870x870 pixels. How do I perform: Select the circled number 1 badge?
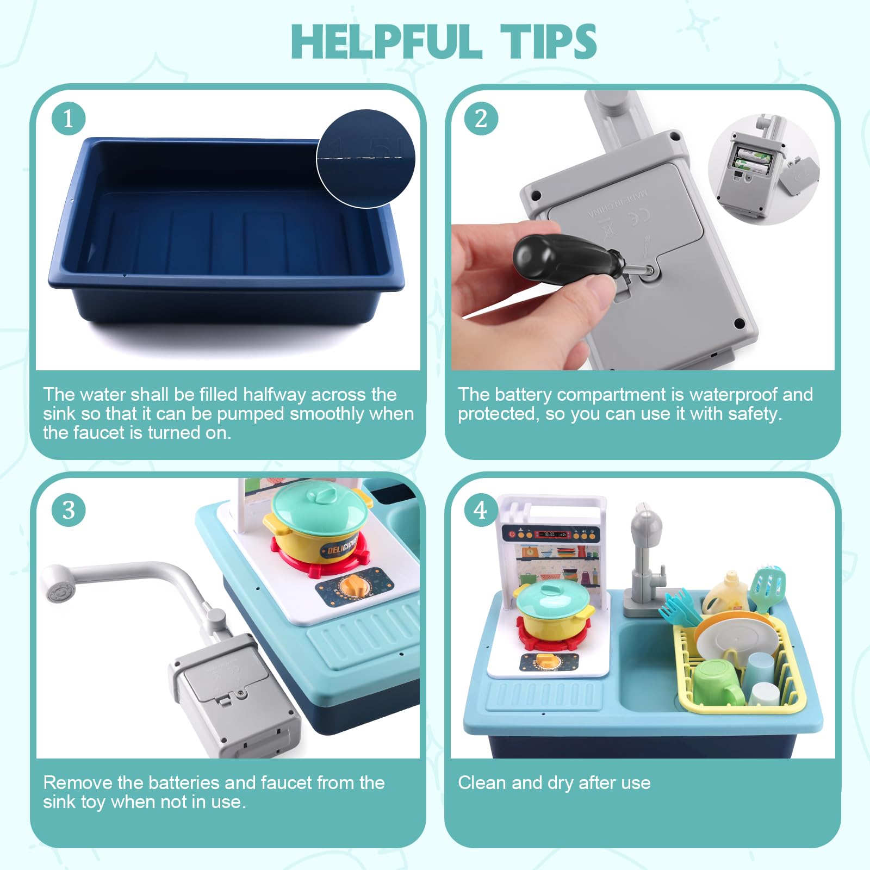(x=69, y=119)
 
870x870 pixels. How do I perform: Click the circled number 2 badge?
(x=481, y=119)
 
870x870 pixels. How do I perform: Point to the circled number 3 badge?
(x=69, y=510)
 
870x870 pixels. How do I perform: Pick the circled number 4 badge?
(x=481, y=510)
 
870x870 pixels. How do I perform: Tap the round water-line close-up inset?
(x=366, y=159)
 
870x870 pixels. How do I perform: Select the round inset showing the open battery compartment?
(x=763, y=169)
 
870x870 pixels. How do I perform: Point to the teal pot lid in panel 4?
(x=552, y=598)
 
